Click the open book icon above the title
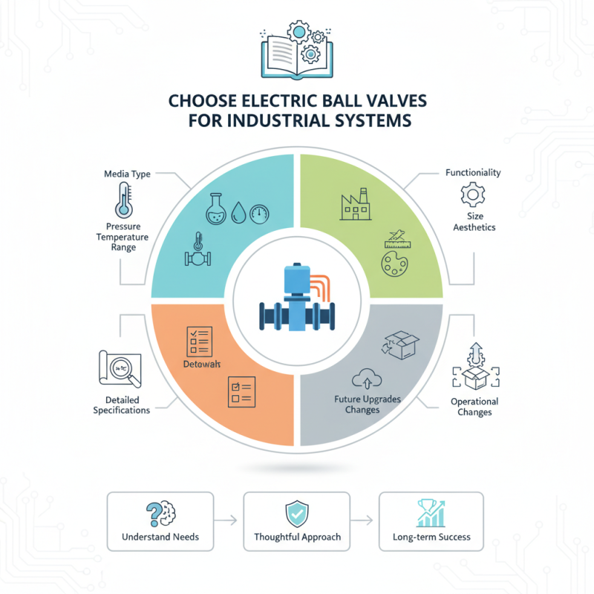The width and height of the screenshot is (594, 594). pos(296,53)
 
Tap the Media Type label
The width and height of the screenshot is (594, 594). pos(128,174)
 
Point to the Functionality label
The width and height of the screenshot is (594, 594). pos(472,172)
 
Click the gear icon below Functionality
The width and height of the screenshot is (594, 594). pos(472,195)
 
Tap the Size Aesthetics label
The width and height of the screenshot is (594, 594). pos(472,221)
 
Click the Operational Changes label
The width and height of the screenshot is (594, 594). pos(474,406)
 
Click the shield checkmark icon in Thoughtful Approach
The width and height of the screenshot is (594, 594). pos(296,512)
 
